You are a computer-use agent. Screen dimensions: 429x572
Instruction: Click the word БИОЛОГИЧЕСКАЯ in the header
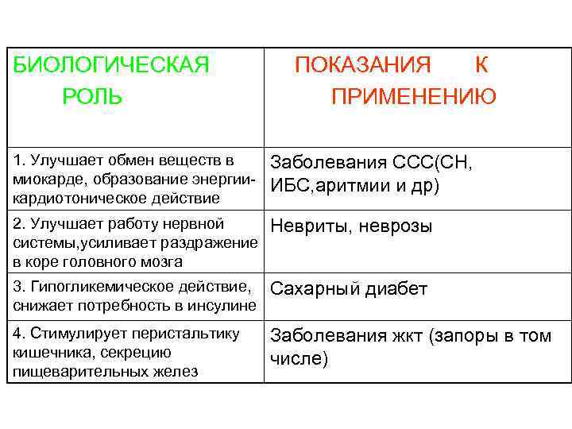pyautogui.click(x=112, y=64)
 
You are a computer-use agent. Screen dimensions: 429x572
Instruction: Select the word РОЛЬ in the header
pyautogui.click(x=92, y=97)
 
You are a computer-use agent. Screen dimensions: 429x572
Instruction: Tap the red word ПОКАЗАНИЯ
pyautogui.click(x=363, y=64)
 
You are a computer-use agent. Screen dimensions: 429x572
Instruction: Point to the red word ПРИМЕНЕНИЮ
pyautogui.click(x=414, y=97)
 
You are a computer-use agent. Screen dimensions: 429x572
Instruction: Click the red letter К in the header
pyautogui.click(x=481, y=64)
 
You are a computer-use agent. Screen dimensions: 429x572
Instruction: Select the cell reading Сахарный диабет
pyautogui.click(x=349, y=289)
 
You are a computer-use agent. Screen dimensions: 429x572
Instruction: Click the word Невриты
pyautogui.click(x=305, y=226)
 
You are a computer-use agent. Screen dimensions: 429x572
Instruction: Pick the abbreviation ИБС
pyautogui.click(x=292, y=185)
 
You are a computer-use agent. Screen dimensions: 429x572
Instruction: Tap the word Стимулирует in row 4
pyautogui.click(x=71, y=334)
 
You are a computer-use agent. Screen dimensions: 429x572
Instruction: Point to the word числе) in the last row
pyautogui.click(x=299, y=358)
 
